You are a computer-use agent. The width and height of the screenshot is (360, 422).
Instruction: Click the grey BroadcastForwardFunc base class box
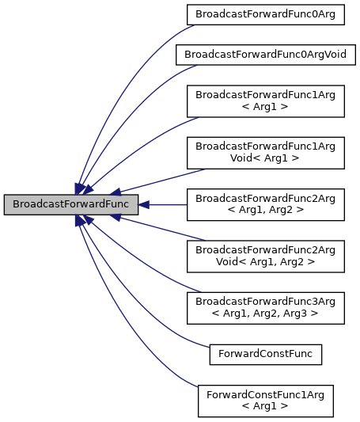pyautogui.click(x=71, y=204)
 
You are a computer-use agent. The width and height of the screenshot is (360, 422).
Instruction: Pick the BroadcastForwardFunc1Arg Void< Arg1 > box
pyautogui.click(x=265, y=153)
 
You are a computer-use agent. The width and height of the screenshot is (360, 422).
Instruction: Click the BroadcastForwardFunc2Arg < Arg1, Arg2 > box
pyautogui.click(x=265, y=204)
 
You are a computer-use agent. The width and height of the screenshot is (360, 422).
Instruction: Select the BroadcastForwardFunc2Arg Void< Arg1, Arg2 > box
pyautogui.click(x=265, y=255)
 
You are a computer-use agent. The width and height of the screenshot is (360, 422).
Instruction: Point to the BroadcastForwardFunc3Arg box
pyautogui.click(x=265, y=306)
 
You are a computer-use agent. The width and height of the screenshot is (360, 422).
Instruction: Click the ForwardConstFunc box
pyautogui.click(x=265, y=354)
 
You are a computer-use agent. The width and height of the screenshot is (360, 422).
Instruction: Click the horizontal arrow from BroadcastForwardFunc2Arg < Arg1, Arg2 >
pyautogui.click(x=162, y=204)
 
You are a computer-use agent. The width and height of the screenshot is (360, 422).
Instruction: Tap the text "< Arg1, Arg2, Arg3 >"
pyautogui.click(x=265, y=313)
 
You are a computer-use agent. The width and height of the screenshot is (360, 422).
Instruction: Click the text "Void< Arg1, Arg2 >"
pyautogui.click(x=265, y=262)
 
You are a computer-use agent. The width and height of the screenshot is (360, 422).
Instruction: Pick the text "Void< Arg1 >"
pyautogui.click(x=265, y=159)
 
